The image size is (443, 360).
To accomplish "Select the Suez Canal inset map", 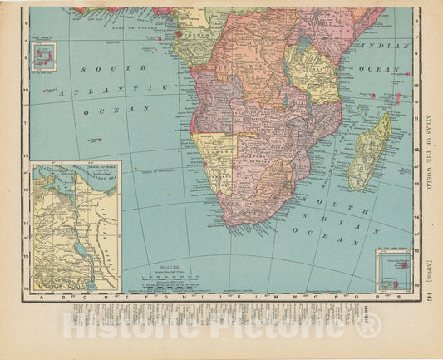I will (76, 226).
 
